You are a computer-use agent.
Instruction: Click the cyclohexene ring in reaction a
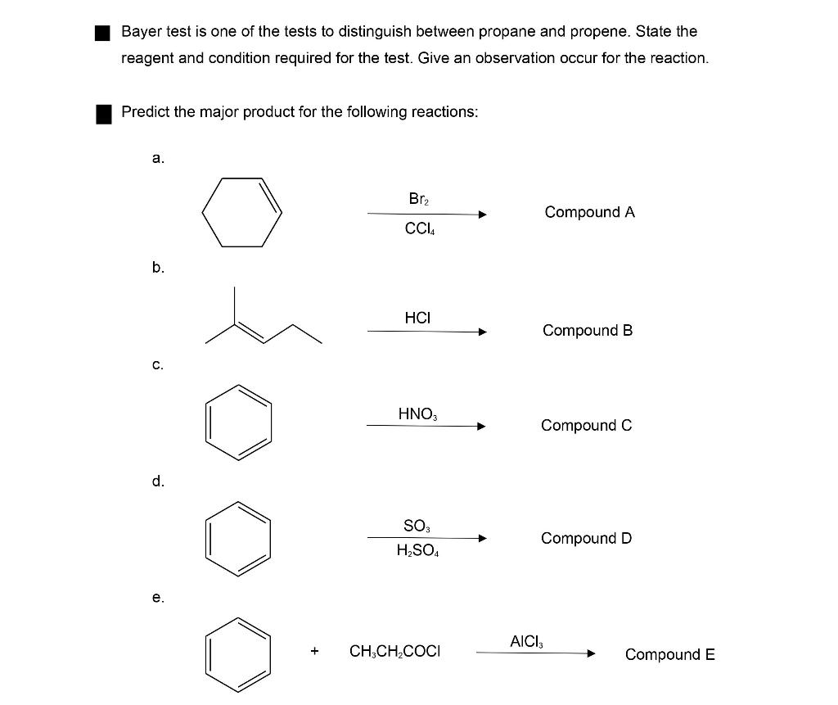(x=242, y=212)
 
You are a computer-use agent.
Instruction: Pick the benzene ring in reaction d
(x=238, y=536)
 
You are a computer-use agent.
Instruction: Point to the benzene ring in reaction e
(x=238, y=653)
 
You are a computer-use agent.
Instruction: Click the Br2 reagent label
(x=418, y=199)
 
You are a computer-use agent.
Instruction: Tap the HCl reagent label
(x=417, y=317)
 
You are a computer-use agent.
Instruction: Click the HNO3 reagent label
(x=417, y=414)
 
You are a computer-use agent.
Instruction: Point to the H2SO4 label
(x=418, y=551)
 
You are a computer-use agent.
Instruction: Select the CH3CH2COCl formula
(x=394, y=653)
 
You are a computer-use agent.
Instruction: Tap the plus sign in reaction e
(x=314, y=652)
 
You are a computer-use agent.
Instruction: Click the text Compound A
(x=589, y=212)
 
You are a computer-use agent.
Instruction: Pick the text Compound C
(x=586, y=425)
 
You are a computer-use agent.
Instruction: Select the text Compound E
(x=669, y=654)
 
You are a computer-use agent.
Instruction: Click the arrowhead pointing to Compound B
(x=483, y=332)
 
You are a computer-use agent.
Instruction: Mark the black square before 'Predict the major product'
(x=103, y=113)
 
